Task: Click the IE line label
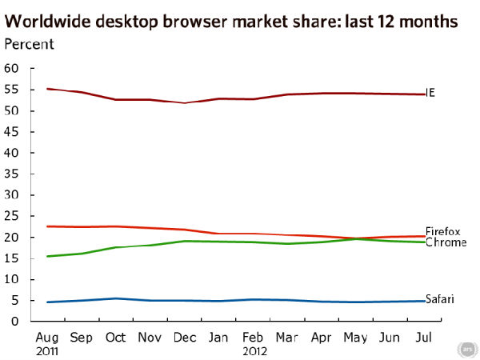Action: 431,94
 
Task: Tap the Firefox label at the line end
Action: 442,231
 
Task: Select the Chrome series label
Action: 446,242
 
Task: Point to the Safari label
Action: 440,299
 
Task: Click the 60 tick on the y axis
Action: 12,68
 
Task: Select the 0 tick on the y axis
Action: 15,322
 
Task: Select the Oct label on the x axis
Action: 115,338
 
